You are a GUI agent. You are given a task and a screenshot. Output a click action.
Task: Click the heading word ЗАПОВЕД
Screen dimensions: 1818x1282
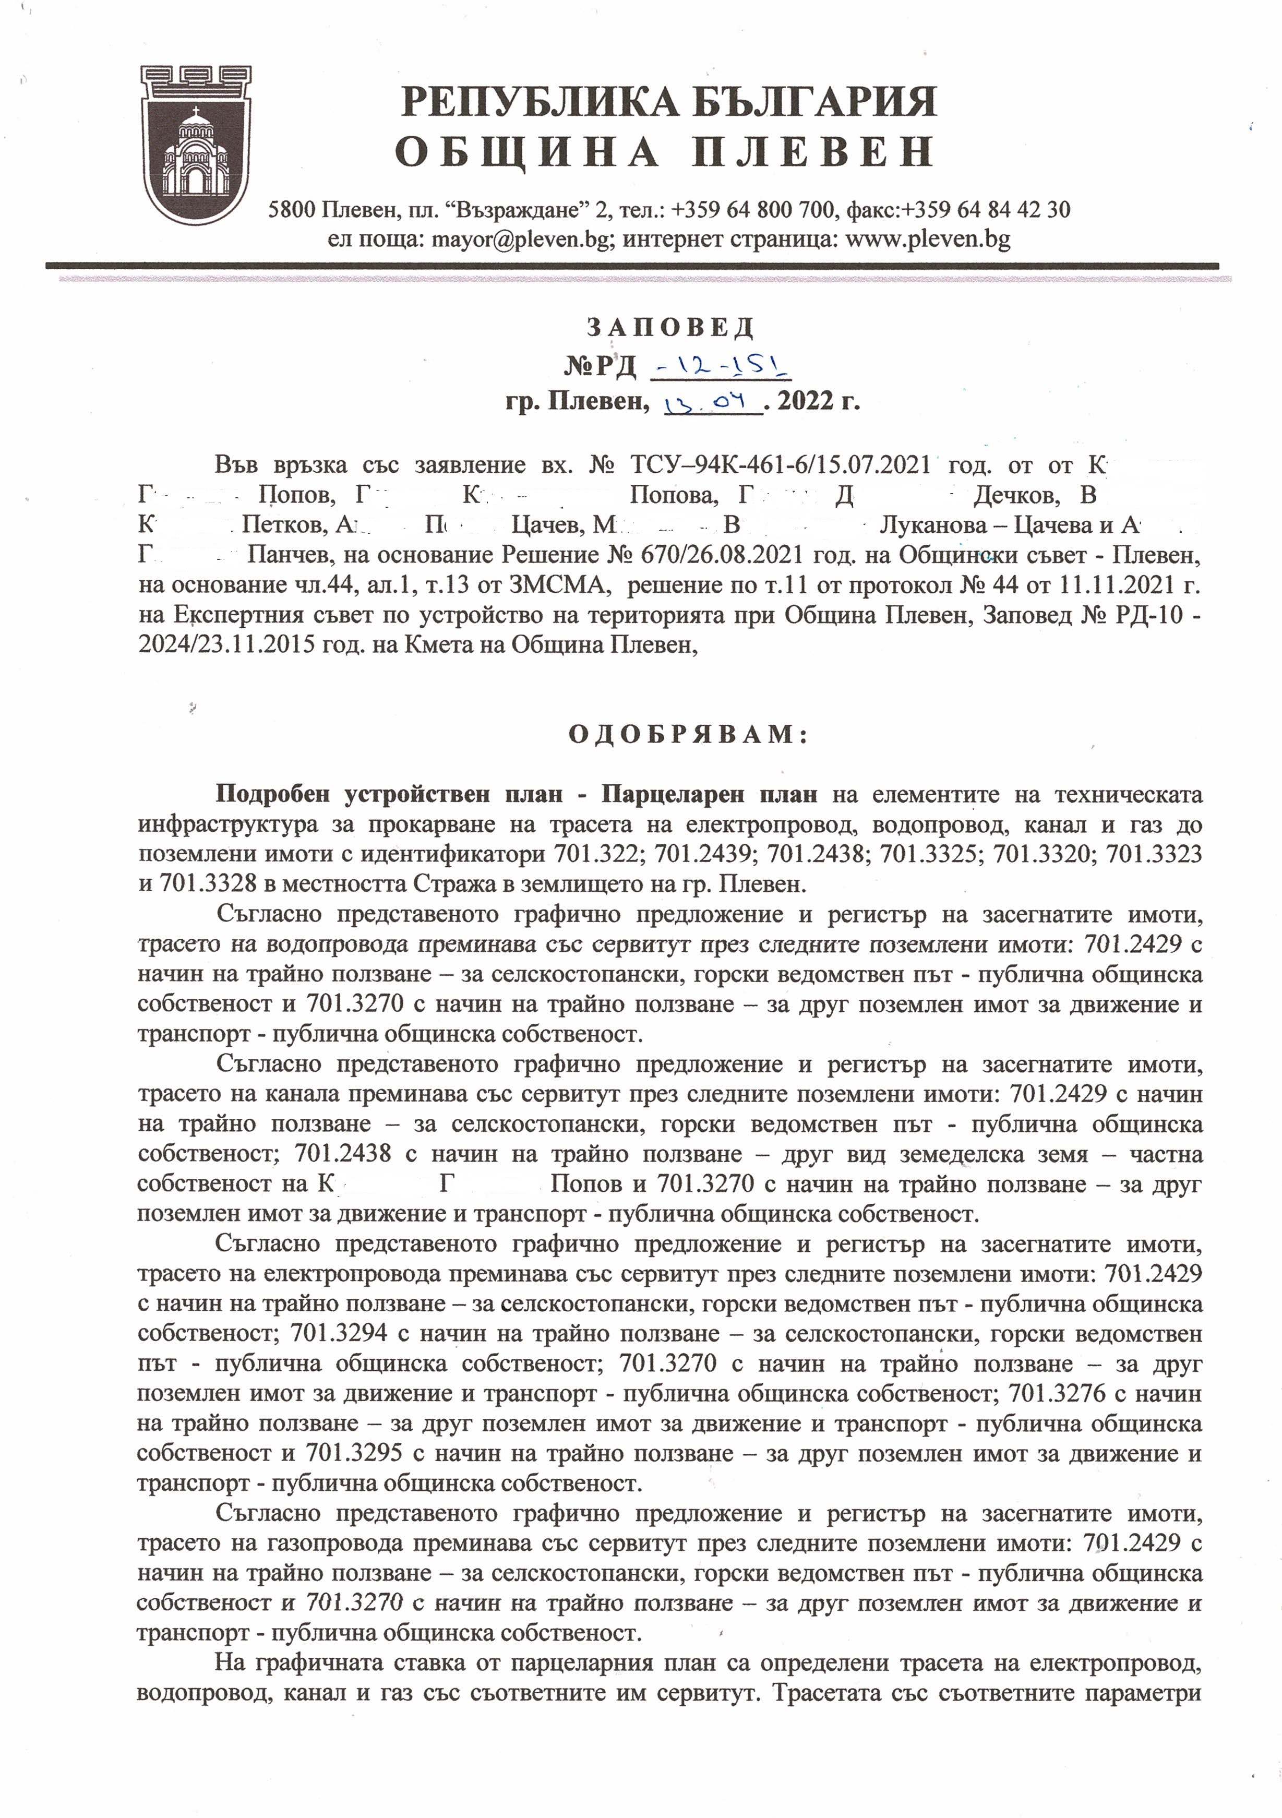coord(670,327)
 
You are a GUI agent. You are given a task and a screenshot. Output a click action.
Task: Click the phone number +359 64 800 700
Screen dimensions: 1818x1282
coord(753,210)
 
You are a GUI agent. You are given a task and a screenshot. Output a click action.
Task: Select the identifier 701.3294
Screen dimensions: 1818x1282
coord(339,1333)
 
